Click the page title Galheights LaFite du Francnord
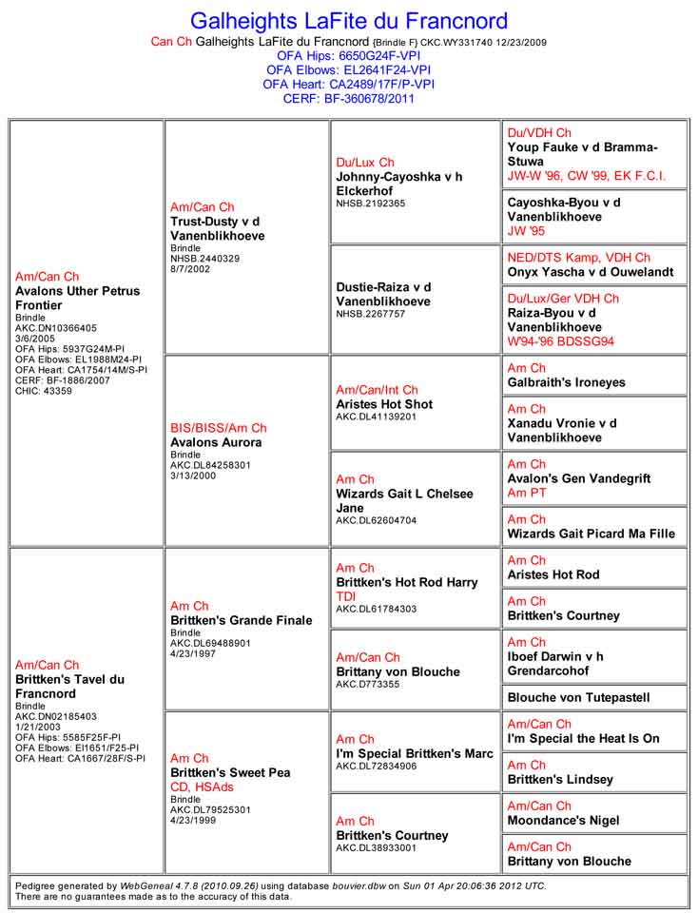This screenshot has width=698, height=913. (349, 21)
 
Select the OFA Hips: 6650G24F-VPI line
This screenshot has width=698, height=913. (348, 56)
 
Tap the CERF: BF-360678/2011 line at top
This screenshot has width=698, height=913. (348, 98)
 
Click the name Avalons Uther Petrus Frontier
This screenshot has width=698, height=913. (77, 298)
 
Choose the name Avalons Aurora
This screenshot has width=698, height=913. (215, 442)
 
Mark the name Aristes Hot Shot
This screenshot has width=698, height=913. (384, 404)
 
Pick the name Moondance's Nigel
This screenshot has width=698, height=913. (563, 820)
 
